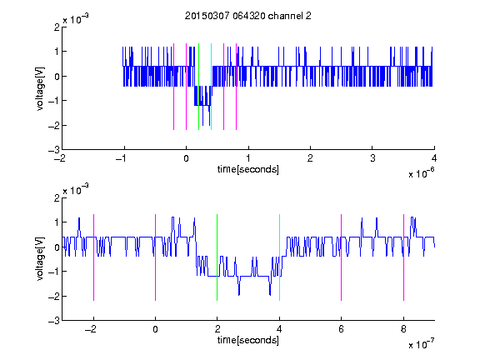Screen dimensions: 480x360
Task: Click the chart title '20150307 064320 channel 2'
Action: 248,16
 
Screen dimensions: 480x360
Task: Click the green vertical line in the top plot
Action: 198,87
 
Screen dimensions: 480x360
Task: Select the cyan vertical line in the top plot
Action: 211,87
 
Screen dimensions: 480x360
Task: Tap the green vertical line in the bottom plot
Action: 217,257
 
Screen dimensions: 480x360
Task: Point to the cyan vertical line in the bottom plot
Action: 279,257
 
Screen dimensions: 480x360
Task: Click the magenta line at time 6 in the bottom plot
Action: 342,257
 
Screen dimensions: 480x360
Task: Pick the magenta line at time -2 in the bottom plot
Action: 93,257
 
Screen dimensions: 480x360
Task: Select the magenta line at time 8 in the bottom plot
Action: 403,257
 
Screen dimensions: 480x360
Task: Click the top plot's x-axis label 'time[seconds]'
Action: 248,169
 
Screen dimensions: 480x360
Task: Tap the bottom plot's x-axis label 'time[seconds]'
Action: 248,340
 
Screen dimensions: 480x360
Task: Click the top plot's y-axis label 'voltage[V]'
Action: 40,89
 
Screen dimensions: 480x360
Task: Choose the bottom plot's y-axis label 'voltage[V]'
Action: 40,259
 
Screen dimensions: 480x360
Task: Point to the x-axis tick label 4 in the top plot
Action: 434,158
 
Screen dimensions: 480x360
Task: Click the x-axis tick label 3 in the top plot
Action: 372,158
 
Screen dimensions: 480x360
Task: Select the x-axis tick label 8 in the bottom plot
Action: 403,329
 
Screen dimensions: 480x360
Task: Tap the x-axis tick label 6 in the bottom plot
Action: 342,329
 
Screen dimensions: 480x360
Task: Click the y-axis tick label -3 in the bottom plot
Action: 54,321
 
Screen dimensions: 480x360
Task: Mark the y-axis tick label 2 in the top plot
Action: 57,27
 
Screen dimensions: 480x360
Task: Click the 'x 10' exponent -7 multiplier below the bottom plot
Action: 422,343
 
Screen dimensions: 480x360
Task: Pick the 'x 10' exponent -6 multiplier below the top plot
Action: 422,172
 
